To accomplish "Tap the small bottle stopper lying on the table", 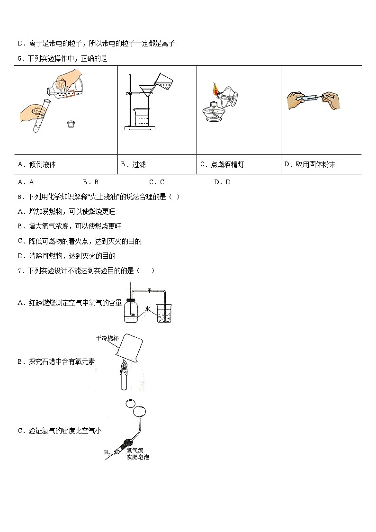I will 71,125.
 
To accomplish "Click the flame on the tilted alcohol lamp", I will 215,89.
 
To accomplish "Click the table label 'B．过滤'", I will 133,164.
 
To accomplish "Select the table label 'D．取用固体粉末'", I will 310,164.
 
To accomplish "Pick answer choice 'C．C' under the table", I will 156,182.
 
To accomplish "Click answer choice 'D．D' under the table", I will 222,182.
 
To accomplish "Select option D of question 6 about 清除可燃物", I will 66,256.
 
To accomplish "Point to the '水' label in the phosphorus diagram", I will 148,308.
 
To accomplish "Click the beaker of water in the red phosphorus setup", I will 166,314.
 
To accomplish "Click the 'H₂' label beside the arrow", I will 107,453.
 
